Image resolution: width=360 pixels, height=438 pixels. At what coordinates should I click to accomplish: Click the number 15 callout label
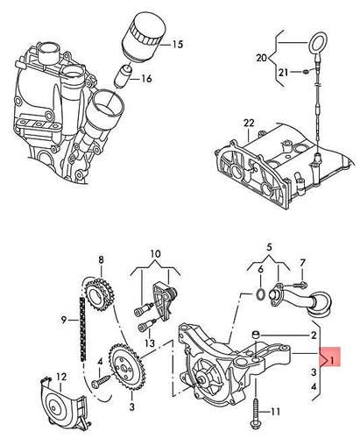coord(178,44)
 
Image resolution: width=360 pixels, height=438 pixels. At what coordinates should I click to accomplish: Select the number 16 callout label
coord(146,78)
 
